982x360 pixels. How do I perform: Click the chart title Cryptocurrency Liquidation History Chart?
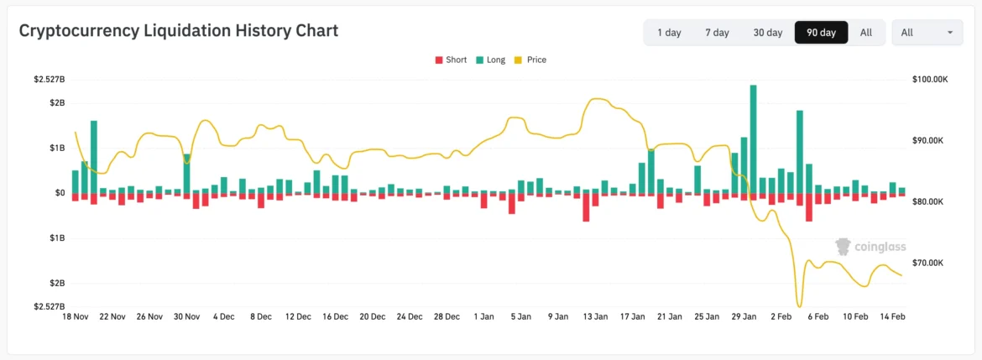click(178, 31)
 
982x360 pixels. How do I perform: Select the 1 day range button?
click(669, 33)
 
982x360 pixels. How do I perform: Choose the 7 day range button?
click(717, 33)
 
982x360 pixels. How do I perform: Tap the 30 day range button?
click(767, 33)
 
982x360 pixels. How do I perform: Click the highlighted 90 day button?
click(821, 33)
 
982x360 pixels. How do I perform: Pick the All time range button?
click(866, 33)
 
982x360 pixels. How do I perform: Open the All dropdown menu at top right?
click(927, 33)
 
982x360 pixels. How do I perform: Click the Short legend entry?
click(451, 60)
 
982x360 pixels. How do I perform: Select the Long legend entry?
click(490, 60)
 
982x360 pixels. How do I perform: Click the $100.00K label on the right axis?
click(929, 80)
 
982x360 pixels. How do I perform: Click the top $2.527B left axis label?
click(49, 80)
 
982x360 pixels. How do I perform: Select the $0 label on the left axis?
click(60, 193)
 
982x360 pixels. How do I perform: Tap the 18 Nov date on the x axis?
click(76, 316)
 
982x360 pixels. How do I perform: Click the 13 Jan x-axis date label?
click(595, 316)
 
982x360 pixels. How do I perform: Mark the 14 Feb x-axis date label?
click(892, 316)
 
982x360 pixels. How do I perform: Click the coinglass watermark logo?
click(870, 247)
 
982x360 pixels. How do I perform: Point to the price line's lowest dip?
click(799, 306)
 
